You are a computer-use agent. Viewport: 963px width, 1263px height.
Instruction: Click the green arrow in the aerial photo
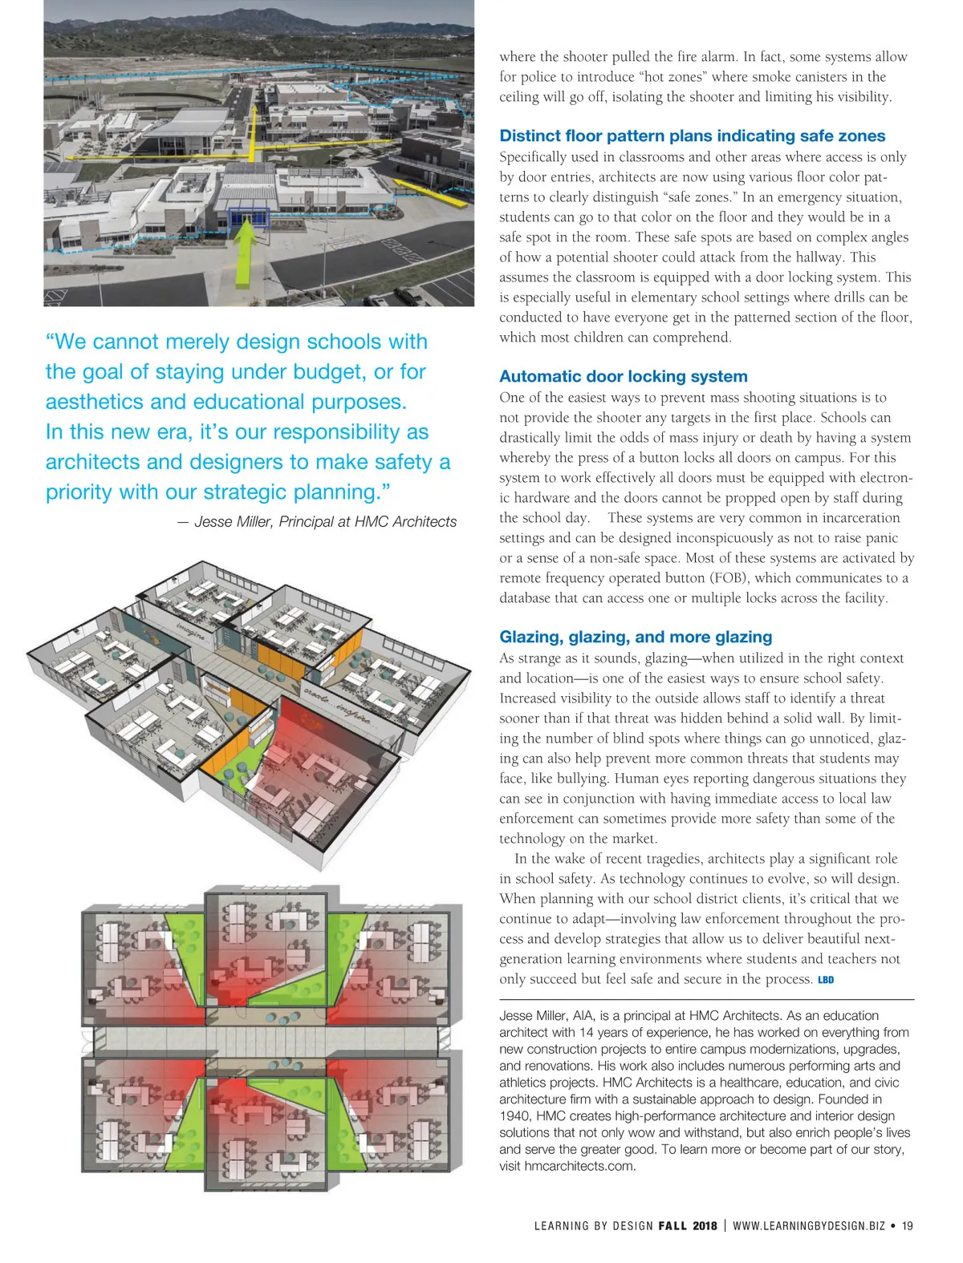pyautogui.click(x=247, y=253)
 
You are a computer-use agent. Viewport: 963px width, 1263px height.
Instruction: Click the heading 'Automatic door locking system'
pyautogui.click(x=623, y=376)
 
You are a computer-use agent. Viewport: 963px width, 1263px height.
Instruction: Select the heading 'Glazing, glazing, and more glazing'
pyautogui.click(x=636, y=637)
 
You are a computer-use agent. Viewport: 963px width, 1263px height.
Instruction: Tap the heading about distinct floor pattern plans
pyautogui.click(x=692, y=136)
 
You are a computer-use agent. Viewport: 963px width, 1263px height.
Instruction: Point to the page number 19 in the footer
pyautogui.click(x=907, y=1225)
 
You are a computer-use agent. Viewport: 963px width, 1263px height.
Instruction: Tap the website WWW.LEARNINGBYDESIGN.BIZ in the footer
pyautogui.click(x=808, y=1225)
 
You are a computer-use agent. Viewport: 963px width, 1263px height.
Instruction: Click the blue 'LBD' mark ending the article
pyautogui.click(x=826, y=980)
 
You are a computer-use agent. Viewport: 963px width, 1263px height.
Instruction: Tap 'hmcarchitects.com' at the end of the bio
pyautogui.click(x=579, y=1166)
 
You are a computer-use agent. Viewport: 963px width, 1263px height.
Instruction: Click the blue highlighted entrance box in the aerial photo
pyautogui.click(x=247, y=216)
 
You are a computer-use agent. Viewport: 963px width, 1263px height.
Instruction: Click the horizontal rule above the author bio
pyautogui.click(x=706, y=999)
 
